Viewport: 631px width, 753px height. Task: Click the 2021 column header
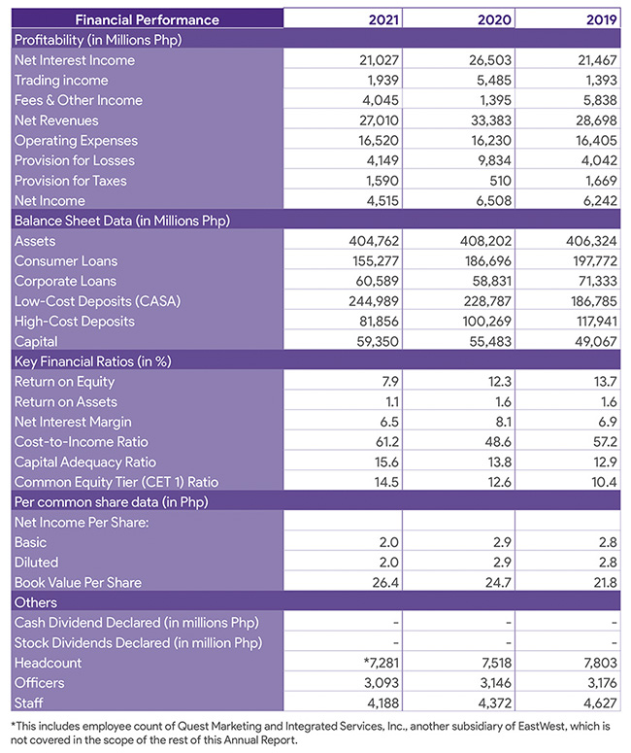pos(383,19)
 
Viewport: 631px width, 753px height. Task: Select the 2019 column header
pos(601,19)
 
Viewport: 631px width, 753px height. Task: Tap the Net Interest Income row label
pos(75,60)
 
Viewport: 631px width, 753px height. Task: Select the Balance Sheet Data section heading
pos(122,221)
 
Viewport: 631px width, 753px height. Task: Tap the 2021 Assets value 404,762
pos(374,241)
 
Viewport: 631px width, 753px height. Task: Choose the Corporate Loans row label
pos(65,281)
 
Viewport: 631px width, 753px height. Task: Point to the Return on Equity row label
pos(65,382)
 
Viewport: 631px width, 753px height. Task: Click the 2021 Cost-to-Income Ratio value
pos(386,442)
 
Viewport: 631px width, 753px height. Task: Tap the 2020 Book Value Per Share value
pos(499,583)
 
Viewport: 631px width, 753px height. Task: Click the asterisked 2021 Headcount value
pos(382,663)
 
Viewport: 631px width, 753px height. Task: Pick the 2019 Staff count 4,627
pos(600,703)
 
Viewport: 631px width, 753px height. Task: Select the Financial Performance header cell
pos(148,19)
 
